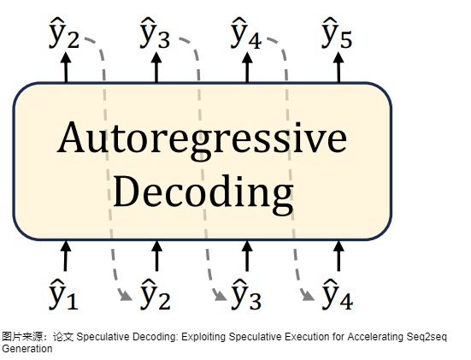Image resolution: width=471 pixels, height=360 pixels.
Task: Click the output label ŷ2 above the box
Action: click(64, 33)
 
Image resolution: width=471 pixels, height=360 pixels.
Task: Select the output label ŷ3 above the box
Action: click(155, 33)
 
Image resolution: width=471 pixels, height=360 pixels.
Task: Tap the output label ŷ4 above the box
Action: click(246, 33)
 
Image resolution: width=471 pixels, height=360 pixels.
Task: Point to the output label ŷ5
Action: click(337, 33)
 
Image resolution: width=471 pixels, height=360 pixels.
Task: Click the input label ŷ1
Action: click(63, 294)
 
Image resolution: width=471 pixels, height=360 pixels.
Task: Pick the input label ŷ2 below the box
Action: click(156, 294)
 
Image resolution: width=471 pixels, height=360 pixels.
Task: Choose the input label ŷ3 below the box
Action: click(246, 294)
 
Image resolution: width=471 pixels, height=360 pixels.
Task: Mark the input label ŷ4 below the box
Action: click(338, 294)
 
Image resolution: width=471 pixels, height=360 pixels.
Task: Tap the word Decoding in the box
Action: click(203, 193)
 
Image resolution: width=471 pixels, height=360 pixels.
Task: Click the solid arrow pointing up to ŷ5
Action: click(339, 67)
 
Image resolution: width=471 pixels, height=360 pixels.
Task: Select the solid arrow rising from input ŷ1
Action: click(66, 256)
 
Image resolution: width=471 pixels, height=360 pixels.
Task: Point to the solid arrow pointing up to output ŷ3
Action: click(156, 67)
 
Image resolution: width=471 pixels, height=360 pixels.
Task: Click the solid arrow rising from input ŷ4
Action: click(339, 256)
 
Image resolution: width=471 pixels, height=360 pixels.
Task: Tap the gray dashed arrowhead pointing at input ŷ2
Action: click(126, 296)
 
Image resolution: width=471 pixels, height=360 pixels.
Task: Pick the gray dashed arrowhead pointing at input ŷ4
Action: click(308, 296)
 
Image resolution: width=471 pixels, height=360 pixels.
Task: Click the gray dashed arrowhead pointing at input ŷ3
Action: click(221, 296)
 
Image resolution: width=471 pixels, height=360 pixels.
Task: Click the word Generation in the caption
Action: click(27, 349)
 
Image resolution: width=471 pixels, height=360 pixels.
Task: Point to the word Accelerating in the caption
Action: click(375, 337)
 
